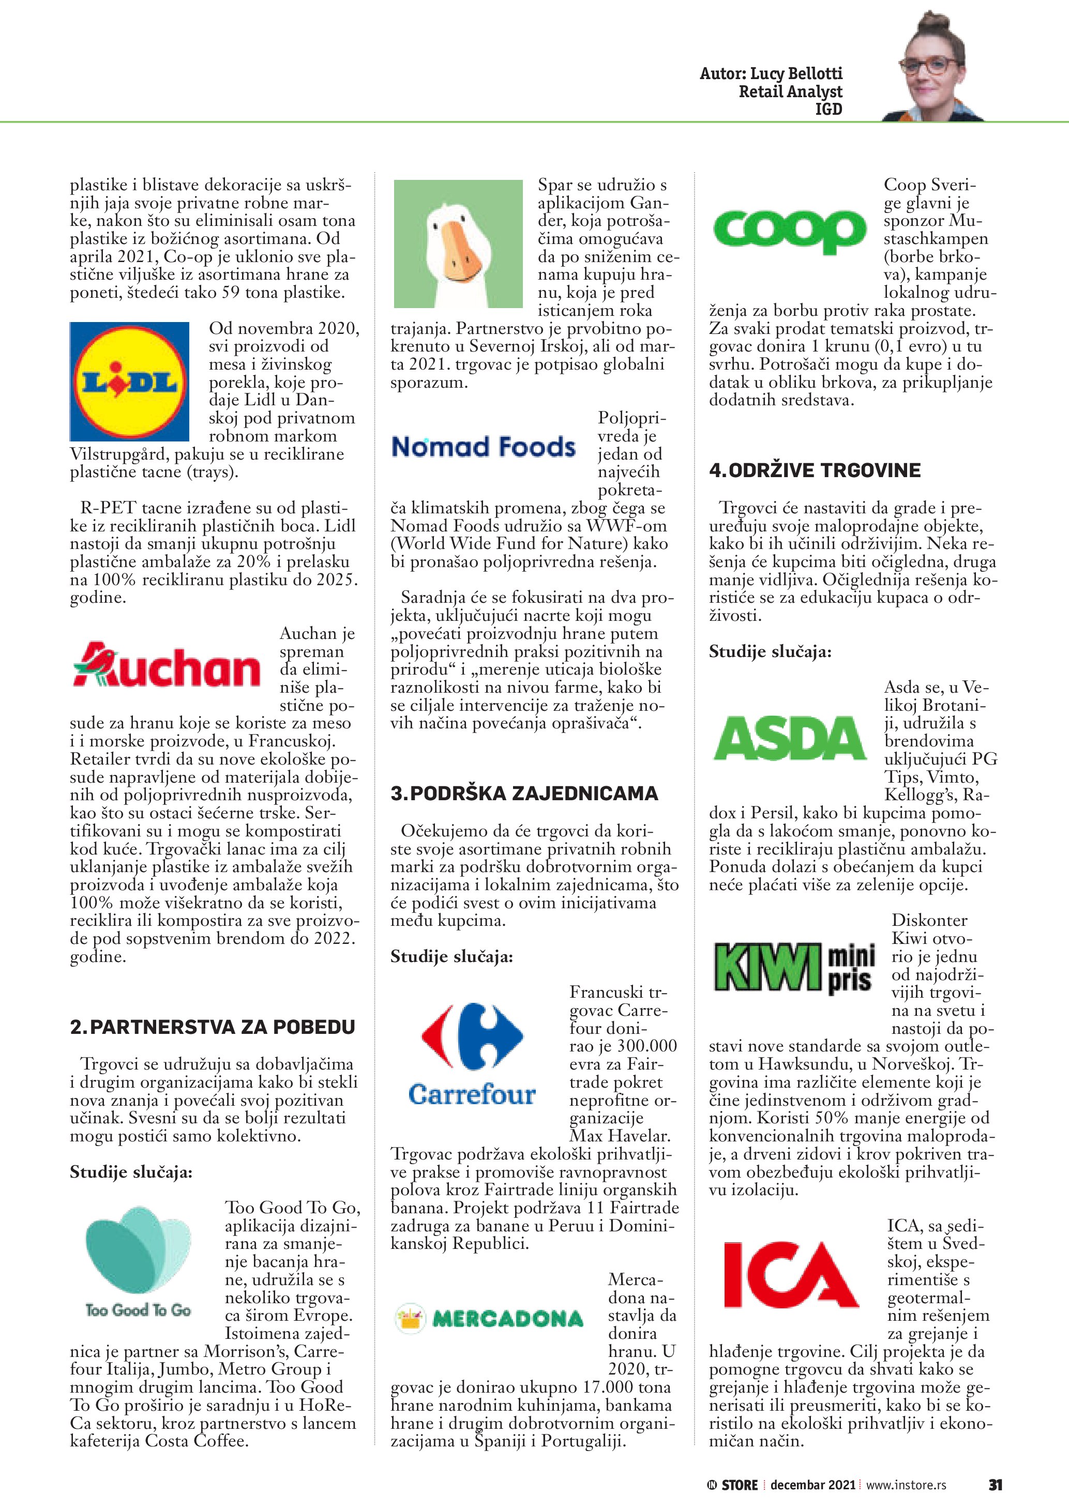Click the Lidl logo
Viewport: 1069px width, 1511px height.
click(x=129, y=381)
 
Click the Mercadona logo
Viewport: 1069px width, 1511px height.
click(x=489, y=1318)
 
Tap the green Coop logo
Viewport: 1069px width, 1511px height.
click(x=789, y=231)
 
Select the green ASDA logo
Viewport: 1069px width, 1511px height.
click(x=789, y=738)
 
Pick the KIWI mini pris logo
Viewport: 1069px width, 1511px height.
click(x=794, y=967)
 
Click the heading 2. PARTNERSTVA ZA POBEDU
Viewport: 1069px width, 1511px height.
click(x=213, y=1027)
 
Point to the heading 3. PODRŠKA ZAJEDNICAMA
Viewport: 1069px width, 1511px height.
click(x=524, y=793)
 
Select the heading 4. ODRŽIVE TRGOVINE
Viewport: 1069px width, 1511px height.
click(x=815, y=470)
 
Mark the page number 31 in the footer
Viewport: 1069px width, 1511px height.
click(x=995, y=1485)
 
